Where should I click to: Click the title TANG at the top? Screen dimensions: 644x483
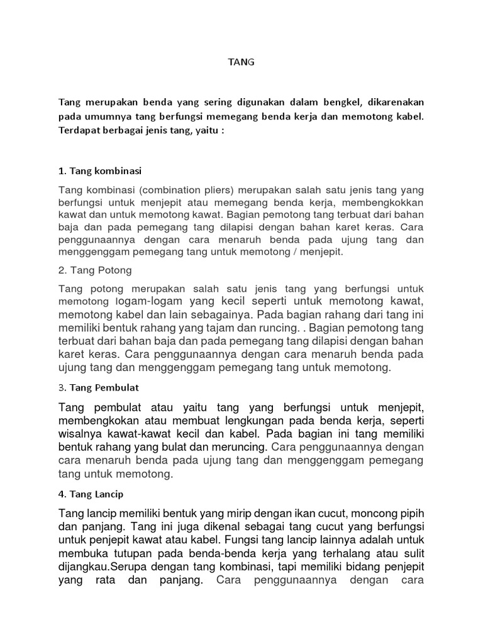pyautogui.click(x=241, y=62)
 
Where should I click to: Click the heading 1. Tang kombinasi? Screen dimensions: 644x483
pyautogui.click(x=100, y=170)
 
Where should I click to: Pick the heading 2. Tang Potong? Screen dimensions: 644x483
pyautogui.click(x=94, y=270)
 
